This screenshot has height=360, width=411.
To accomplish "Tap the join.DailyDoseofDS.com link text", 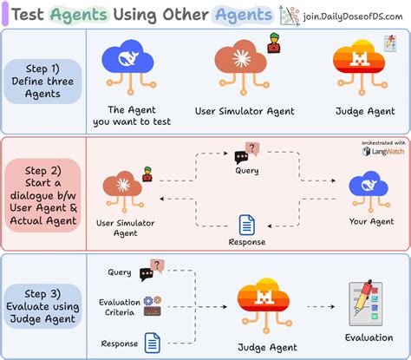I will pos(349,15).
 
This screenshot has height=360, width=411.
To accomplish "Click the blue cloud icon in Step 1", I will pos(128,61).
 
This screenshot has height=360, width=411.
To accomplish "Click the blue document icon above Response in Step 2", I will pos(247,225).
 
